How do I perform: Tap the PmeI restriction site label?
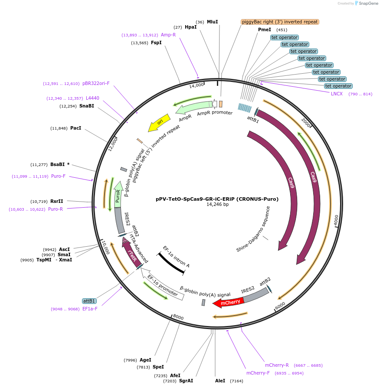click(265, 29)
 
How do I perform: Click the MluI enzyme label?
click(212, 22)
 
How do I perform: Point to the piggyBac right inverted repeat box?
click(280, 22)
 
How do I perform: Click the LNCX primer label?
click(337, 94)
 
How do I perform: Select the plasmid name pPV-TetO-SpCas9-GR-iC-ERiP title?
click(217, 199)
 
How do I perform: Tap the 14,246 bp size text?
click(217, 205)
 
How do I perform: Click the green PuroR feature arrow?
click(118, 194)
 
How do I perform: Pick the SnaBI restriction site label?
click(86, 106)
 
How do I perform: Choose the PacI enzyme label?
click(75, 128)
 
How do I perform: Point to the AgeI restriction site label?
click(145, 360)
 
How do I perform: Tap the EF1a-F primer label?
click(90, 309)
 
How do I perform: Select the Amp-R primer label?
click(168, 35)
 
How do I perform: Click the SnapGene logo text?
click(366, 3)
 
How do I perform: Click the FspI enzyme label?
click(156, 42)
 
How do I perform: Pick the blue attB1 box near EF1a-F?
click(89, 301)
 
